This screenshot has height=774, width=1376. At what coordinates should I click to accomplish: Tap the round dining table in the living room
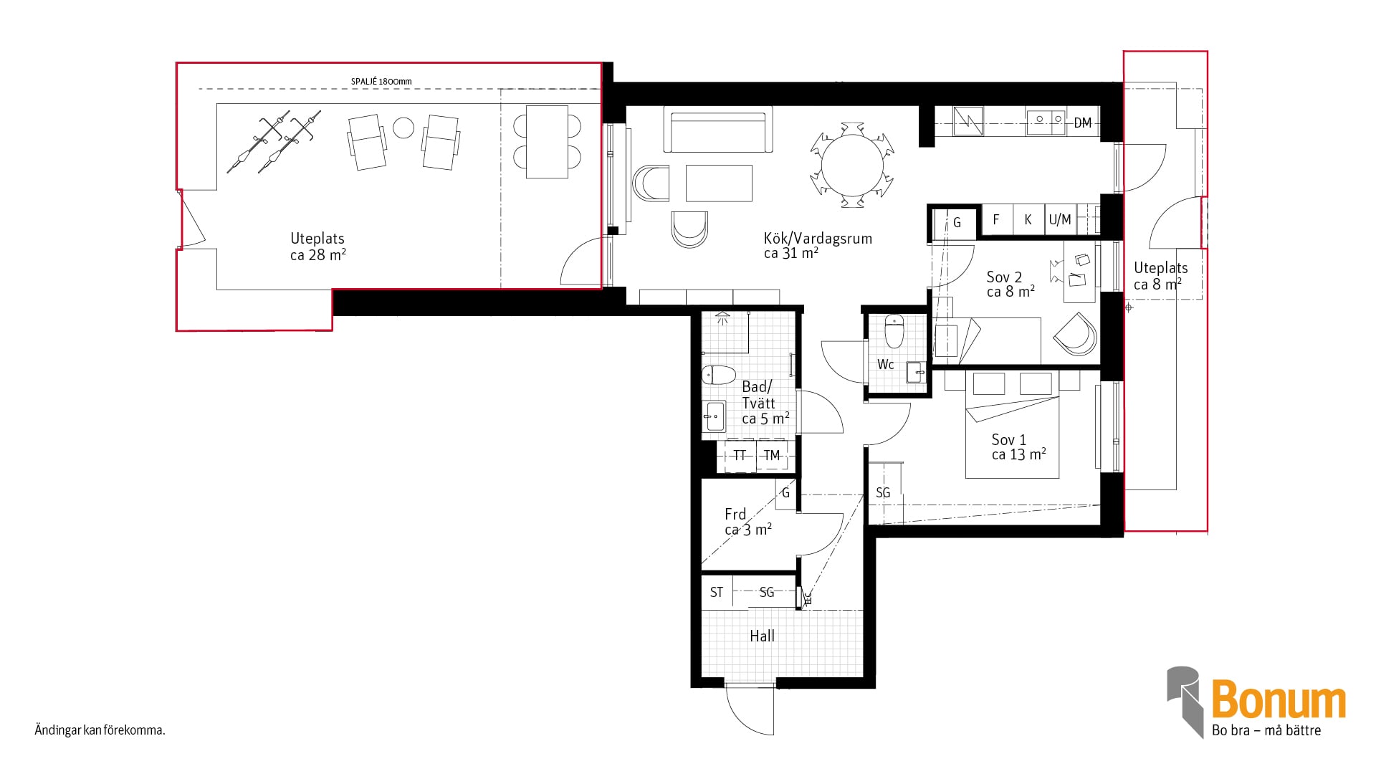[852, 165]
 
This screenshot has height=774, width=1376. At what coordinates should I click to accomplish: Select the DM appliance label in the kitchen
[1082, 123]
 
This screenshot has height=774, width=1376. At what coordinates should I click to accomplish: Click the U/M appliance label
[1060, 220]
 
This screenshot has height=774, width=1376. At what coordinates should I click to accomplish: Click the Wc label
[885, 365]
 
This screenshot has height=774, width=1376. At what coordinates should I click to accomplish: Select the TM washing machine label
[771, 455]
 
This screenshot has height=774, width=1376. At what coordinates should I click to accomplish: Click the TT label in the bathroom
[739, 455]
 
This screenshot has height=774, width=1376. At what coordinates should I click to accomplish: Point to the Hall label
[762, 636]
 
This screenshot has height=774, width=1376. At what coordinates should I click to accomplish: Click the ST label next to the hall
[717, 592]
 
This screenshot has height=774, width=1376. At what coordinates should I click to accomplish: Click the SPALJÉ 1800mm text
[381, 82]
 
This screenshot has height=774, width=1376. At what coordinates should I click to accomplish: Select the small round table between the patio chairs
[403, 128]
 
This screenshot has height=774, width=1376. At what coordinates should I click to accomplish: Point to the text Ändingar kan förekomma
[100, 730]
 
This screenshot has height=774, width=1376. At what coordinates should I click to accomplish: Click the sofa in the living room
[718, 129]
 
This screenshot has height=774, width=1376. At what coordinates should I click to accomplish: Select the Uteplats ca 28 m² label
[317, 247]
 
